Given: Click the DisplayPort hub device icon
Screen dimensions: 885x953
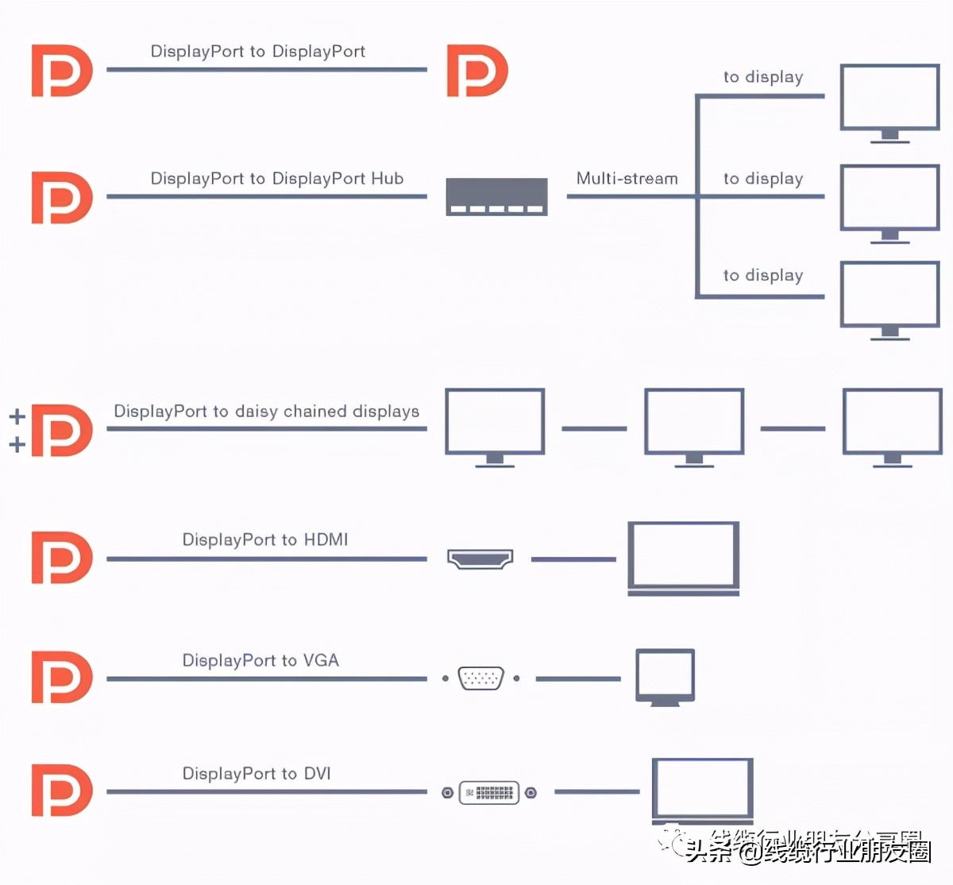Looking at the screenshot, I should (x=496, y=197).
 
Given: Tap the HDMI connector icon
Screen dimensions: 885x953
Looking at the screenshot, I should (x=480, y=558).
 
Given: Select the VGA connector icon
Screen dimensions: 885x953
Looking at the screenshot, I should (x=480, y=678).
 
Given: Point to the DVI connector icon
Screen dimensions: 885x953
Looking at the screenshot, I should (x=489, y=792).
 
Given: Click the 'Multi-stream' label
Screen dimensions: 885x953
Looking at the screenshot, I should (x=627, y=179).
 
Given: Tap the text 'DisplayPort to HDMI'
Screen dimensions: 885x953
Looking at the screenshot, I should (x=265, y=540).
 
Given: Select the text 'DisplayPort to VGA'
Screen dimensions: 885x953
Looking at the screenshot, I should (x=260, y=661).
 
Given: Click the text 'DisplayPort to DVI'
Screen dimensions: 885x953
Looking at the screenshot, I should (x=257, y=774).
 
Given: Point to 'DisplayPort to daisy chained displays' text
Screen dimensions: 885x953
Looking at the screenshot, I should (x=266, y=412).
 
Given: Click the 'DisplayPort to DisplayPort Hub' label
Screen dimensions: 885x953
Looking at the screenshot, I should (x=277, y=179).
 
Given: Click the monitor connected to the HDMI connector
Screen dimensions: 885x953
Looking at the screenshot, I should (x=684, y=557).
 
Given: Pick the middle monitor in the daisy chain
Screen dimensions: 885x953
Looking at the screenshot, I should (x=694, y=425).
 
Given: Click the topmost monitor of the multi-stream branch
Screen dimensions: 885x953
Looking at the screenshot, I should (x=889, y=101).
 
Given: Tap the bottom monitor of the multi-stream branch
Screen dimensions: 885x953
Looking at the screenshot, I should (x=889, y=299).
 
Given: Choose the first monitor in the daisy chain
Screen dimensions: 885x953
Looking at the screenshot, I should (x=495, y=425).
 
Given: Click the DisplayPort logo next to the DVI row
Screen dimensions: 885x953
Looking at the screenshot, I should (x=62, y=790).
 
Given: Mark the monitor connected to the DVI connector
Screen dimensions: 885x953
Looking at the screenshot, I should (x=702, y=790).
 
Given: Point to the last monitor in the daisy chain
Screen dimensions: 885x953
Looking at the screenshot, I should (x=892, y=425).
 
